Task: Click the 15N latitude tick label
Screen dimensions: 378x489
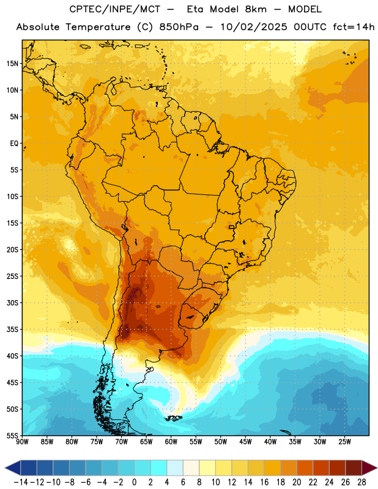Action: [12, 64]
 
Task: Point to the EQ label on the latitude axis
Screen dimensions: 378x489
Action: [14, 144]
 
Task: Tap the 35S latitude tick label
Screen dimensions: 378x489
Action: [12, 329]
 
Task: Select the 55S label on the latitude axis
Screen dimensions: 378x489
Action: [12, 436]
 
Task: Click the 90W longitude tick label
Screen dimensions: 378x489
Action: [23, 441]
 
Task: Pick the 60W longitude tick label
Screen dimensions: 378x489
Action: [171, 441]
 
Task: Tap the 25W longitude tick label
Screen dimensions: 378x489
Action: [344, 441]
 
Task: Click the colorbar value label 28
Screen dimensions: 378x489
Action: [361, 482]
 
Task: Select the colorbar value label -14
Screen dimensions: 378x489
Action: [21, 482]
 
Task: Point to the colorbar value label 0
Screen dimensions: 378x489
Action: [134, 482]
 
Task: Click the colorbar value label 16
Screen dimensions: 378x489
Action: [264, 482]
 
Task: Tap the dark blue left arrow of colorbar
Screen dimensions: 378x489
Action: [13, 468]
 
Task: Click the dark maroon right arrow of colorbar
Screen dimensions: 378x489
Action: [369, 468]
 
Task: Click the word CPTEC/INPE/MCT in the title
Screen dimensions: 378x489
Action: [115, 9]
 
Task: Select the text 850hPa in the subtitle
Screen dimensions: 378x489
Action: [179, 27]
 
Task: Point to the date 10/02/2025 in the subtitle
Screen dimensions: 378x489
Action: [253, 27]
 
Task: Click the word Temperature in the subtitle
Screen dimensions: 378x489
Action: [98, 27]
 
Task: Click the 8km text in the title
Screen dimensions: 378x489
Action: [256, 9]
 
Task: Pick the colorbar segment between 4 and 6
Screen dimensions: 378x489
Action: [175, 468]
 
